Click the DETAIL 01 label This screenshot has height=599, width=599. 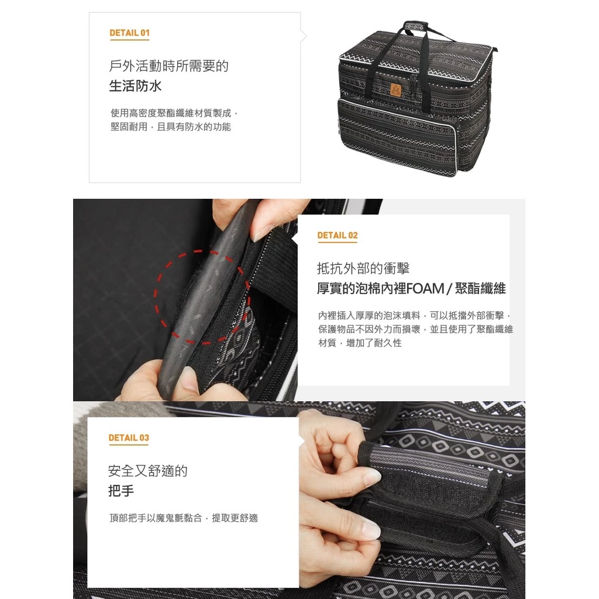pyautogui.click(x=129, y=33)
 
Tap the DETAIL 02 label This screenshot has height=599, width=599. pyautogui.click(x=337, y=235)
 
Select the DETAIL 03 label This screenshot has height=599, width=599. pyautogui.click(x=129, y=438)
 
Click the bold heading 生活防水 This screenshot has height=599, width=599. pyautogui.click(x=136, y=86)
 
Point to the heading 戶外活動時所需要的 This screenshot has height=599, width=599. pyautogui.click(x=169, y=66)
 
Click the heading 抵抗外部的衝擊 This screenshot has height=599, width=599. pyautogui.click(x=363, y=268)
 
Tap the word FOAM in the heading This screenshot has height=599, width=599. pyautogui.click(x=425, y=288)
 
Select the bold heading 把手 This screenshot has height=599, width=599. pyautogui.click(x=121, y=491)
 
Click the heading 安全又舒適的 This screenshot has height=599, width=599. pyautogui.click(x=148, y=471)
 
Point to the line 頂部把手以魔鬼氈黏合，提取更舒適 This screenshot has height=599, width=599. pyautogui.click(x=184, y=518)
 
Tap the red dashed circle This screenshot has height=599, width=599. pyautogui.click(x=202, y=297)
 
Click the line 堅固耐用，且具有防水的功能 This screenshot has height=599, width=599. pyautogui.click(x=171, y=127)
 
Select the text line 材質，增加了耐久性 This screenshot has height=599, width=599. pyautogui.click(x=360, y=343)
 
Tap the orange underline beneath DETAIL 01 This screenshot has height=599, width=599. pyautogui.click(x=129, y=40)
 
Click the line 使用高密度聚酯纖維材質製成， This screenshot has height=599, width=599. pyautogui.click(x=175, y=112)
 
